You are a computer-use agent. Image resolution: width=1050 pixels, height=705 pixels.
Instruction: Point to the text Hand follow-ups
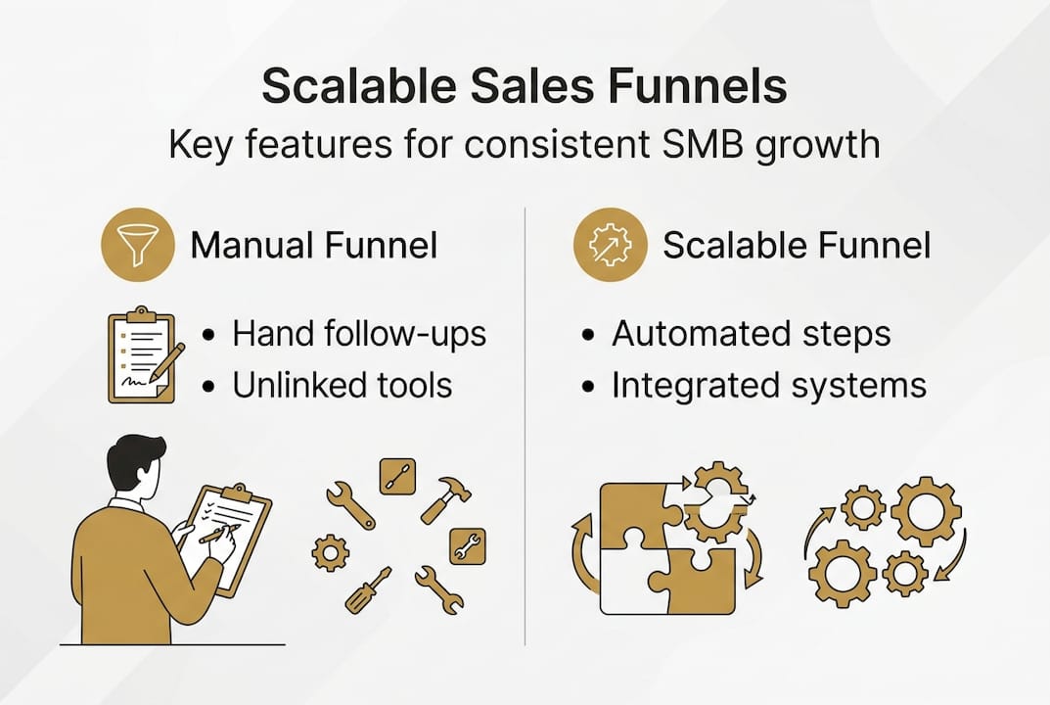pos(359,334)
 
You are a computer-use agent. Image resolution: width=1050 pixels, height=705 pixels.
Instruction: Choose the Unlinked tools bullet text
pos(342,385)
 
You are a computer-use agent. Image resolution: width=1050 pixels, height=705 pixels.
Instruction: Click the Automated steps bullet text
pos(751,334)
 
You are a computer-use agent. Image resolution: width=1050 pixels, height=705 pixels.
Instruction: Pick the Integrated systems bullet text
pos(768,385)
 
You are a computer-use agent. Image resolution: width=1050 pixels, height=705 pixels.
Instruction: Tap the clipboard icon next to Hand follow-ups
pos(142,354)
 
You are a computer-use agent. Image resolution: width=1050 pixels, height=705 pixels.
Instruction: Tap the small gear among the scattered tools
pos(330,553)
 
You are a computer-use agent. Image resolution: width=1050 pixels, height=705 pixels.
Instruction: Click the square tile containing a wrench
pos(467,545)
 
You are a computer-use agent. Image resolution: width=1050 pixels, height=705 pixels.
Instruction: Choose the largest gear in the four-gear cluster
pos(925,510)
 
